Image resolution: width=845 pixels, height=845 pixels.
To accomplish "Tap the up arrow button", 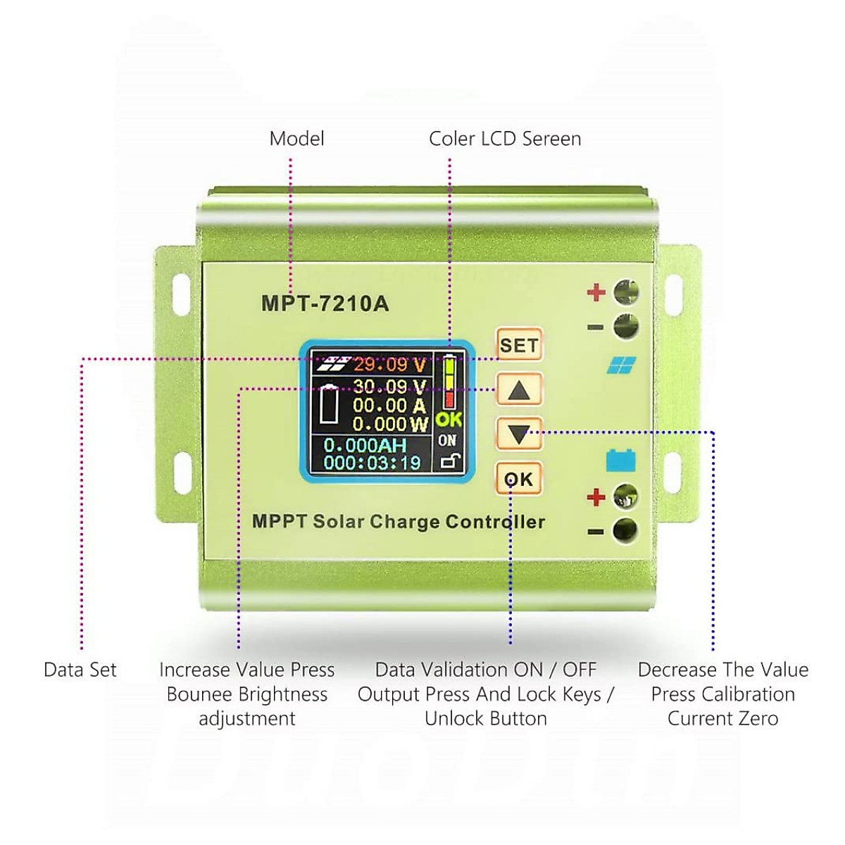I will tap(519, 389).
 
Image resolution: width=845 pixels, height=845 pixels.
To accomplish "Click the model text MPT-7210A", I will tap(325, 303).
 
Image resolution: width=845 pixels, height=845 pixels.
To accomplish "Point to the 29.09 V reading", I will tap(389, 365).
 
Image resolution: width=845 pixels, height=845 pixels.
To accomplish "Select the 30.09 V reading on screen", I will tap(389, 387).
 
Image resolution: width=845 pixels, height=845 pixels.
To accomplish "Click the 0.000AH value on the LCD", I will tap(365, 446).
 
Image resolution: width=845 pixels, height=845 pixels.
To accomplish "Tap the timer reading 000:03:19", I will tap(371, 463).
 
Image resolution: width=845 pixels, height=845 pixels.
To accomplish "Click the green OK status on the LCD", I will tap(449, 420).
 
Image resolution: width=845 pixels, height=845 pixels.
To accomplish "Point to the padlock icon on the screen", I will tap(449, 462).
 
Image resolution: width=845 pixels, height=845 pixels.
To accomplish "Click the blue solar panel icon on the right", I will tap(621, 365).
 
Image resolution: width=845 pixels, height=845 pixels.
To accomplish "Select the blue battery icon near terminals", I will tap(620, 461).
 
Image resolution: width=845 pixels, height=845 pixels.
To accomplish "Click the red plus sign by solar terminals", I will tap(596, 292).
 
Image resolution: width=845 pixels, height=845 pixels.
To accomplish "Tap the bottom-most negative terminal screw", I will tap(625, 530).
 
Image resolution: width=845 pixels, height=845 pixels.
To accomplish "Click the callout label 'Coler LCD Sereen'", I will tap(505, 139).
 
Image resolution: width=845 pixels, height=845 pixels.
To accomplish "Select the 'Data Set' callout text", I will tap(80, 670).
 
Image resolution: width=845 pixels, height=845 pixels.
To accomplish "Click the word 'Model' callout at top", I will tap(296, 139).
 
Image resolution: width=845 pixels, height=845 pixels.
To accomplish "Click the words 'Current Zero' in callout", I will tap(722, 719).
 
